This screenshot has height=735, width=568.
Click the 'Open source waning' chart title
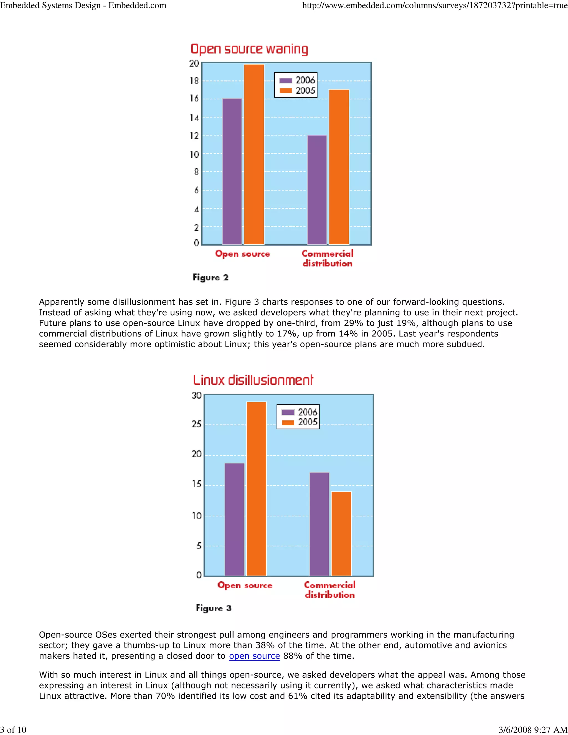click(x=249, y=49)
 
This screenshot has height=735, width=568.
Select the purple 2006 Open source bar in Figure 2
click(x=232, y=171)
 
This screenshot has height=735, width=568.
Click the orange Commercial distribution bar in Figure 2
click(x=339, y=167)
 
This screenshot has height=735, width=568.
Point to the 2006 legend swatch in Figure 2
click(x=286, y=80)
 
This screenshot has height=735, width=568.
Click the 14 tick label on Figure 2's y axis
click(x=194, y=118)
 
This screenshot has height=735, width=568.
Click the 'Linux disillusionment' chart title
click(x=253, y=380)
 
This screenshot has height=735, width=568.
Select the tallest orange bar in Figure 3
click(x=257, y=489)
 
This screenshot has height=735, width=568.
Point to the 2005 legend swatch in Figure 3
click(x=288, y=422)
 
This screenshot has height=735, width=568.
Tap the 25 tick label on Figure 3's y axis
click(x=197, y=424)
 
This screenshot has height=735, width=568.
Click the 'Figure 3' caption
click(x=214, y=608)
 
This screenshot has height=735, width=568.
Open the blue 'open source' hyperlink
click(x=254, y=656)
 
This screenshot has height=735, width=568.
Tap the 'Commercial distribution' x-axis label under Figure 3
click(x=330, y=590)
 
